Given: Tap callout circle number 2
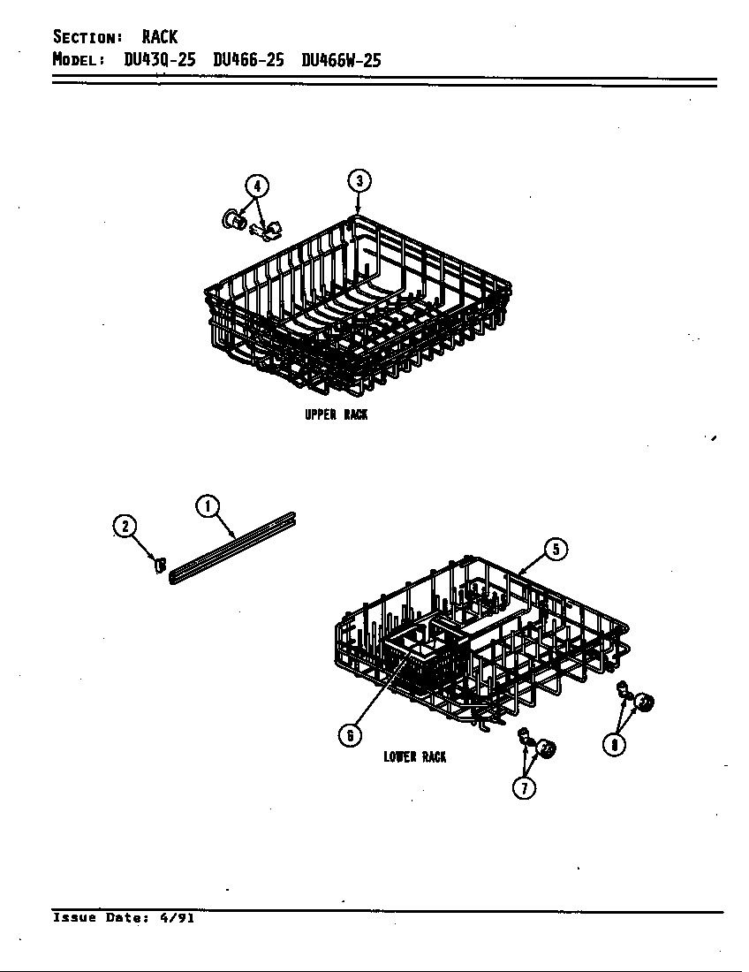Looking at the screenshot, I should point(125,527).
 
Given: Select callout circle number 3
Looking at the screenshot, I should point(358,181).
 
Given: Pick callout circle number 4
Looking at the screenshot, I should point(256,186).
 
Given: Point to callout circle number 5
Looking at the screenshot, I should point(555,549).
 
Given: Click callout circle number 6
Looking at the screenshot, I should point(351,734).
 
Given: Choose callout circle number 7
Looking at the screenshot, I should point(524,787).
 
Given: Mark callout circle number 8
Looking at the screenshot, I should point(614,745).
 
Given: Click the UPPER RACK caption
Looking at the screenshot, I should point(336,414).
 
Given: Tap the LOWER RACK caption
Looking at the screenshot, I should point(415,756).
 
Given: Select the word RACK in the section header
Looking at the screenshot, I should point(159,37).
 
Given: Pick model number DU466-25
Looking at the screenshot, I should point(248,61).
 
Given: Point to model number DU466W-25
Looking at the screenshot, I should point(341,61).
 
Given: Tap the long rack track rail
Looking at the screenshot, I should point(231,547).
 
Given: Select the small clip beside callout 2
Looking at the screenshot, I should point(160,565).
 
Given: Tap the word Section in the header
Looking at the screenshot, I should point(87,37).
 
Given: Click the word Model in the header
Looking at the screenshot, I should point(79,61).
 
